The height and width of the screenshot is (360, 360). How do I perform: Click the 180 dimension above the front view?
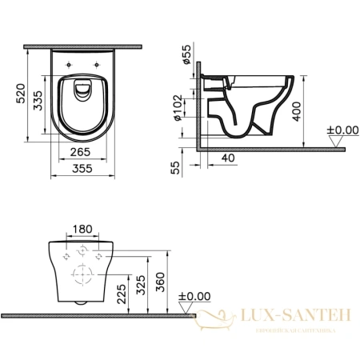[82, 230]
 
